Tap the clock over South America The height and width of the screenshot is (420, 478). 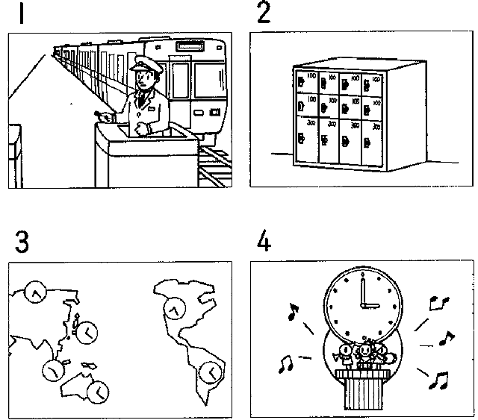tap(211, 369)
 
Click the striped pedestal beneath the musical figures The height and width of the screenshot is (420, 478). tap(361, 388)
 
